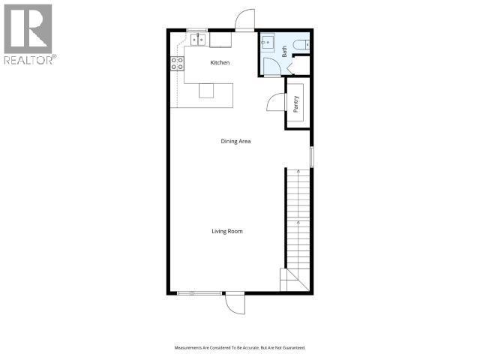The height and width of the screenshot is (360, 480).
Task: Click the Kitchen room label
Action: pos(220,63)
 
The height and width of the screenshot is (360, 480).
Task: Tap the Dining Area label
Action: pos(235,141)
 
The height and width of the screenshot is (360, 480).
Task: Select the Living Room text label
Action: pos(226,232)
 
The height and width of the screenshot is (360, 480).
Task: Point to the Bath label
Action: pos(285,52)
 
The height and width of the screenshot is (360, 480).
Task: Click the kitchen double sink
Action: pos(199,39)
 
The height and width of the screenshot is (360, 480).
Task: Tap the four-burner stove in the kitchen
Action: pos(178,64)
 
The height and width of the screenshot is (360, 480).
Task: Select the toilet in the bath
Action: pos(302,44)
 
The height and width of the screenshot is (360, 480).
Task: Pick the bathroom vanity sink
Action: pos(268,43)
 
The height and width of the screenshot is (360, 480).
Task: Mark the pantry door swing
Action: pos(275,103)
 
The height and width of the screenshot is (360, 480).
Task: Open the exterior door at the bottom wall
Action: pos(234,303)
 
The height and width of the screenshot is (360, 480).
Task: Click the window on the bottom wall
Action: pos(199,292)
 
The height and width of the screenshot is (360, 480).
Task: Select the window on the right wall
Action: pos(311,155)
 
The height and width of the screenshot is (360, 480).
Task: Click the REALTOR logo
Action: pos(28,34)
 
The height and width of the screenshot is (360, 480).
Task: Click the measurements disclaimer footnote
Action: pos(240,348)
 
